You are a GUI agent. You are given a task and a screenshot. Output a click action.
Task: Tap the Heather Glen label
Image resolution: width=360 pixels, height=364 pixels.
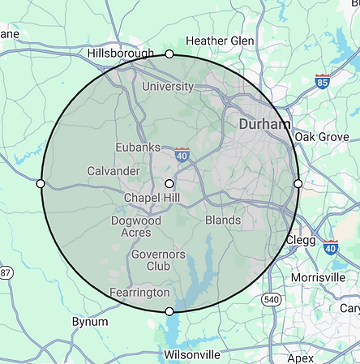coord(220,41)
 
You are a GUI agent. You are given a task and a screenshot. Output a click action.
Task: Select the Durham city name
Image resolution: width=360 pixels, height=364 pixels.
coord(264,125)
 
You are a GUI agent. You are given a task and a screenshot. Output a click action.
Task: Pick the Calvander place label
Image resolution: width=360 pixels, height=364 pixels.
coord(114,170)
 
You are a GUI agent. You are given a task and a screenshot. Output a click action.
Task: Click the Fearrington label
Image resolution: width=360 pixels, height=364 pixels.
coord(139,292)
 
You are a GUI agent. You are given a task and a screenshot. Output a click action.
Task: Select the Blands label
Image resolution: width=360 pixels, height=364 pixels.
coord(222,220)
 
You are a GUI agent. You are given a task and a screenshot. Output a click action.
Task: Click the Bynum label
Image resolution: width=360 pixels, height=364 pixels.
coord(89,322)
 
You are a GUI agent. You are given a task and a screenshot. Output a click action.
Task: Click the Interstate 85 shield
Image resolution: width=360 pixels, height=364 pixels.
coord(323,81)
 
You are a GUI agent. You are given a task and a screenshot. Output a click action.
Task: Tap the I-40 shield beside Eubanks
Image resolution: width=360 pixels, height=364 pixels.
coord(182,153)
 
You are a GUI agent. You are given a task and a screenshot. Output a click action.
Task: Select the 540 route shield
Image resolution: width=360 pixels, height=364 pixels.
coord(269,300)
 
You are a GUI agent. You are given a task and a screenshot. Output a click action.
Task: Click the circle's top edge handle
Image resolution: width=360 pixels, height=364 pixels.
coord(169,54)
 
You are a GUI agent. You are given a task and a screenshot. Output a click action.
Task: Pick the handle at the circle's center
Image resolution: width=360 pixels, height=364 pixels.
coord(169,183)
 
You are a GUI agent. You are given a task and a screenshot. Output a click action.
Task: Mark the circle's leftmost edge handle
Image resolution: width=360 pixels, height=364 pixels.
coord(41,183)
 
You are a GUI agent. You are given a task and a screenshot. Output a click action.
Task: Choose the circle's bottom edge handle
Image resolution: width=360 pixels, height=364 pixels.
coord(169,311)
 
